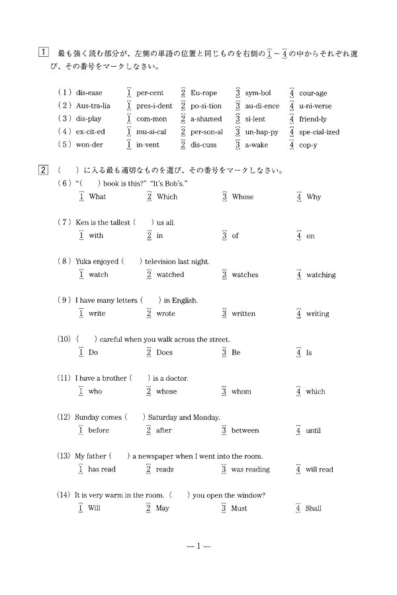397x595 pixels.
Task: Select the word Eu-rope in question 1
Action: [x=203, y=93]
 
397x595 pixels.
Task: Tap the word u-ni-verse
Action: [x=315, y=106]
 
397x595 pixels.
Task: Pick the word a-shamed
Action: [x=206, y=119]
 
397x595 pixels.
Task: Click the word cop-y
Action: [x=308, y=145]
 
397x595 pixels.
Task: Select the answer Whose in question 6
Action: [x=242, y=196]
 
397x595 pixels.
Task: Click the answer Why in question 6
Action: [x=314, y=196]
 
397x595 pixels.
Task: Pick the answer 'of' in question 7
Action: [x=235, y=235]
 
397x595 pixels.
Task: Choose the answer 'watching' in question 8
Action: [x=321, y=274]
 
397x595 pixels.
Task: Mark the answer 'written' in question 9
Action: [x=243, y=313]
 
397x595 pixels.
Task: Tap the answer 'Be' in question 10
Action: [x=236, y=352]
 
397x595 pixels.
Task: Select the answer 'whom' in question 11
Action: [x=241, y=391]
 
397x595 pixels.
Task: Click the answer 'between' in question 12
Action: [x=245, y=430]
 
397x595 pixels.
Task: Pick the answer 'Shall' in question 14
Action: [x=314, y=508]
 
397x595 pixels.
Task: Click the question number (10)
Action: [x=64, y=339]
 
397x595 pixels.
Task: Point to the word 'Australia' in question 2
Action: [x=93, y=106]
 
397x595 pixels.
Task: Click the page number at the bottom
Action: [x=198, y=547]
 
